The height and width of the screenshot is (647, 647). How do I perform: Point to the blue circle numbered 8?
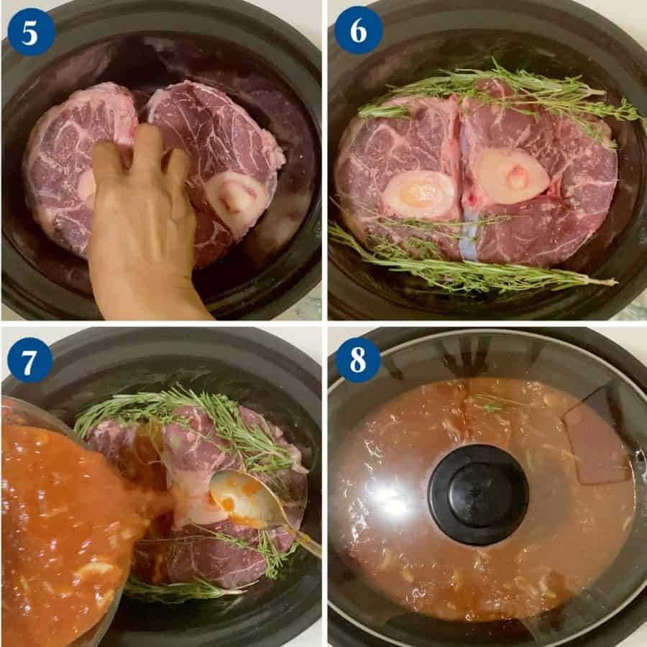point(358,359)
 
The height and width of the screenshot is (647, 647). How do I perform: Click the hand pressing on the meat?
point(144,230)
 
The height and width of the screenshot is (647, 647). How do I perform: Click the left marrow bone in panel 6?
point(419,193)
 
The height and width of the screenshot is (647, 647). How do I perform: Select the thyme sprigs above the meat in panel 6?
point(503,93)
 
